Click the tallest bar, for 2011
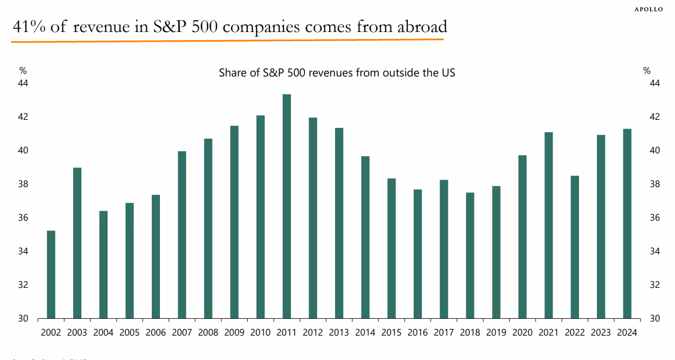coord(287,206)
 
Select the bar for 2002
coord(52,274)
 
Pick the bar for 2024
coord(627,223)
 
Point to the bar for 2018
coord(470,255)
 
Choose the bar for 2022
coord(575,247)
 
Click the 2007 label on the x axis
coord(182,332)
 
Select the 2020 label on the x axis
coord(522,332)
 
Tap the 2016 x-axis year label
coord(417,332)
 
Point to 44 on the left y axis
coord(23,83)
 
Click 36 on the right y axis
coord(654,218)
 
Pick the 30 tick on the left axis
coord(23,319)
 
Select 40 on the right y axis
coord(654,151)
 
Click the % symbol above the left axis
coord(23,70)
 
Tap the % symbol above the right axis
coord(647,70)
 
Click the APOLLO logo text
coord(648,10)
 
